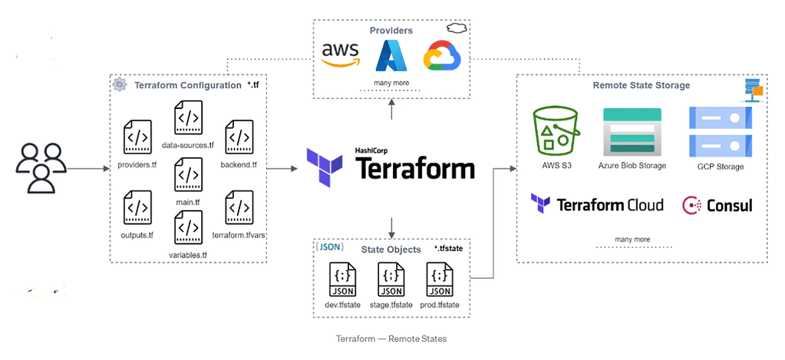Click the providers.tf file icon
click(x=138, y=138)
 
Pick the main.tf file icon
click(x=189, y=174)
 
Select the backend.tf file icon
click(x=239, y=138)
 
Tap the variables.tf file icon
click(x=189, y=229)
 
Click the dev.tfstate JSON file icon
click(x=342, y=279)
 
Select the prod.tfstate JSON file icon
click(x=440, y=279)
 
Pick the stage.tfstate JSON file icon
click(x=391, y=279)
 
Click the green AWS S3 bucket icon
click(x=556, y=131)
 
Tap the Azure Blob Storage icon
click(x=632, y=131)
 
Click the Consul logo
click(x=717, y=206)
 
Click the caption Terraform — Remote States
click(x=391, y=339)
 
